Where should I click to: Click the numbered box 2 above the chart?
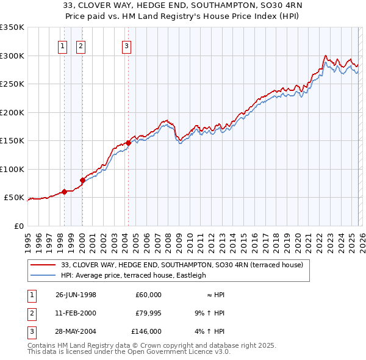tap(81, 45)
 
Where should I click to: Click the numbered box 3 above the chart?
tap(126, 45)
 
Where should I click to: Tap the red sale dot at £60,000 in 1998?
tap(64, 192)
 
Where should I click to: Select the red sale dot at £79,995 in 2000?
tap(82, 181)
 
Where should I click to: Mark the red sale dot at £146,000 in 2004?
tap(128, 143)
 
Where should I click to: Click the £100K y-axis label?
tap(12, 169)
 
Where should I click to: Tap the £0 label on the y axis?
tap(17, 226)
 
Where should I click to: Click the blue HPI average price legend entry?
tap(134, 275)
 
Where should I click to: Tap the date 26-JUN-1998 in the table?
tap(76, 295)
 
